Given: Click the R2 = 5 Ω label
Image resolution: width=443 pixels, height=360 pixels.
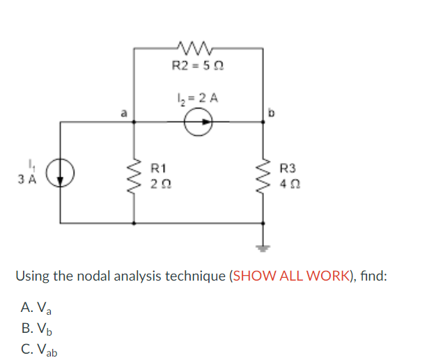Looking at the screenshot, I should (197, 67).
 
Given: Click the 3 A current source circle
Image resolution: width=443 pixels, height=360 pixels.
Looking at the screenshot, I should (61, 173).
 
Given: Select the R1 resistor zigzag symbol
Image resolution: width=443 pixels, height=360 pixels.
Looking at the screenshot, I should (134, 174).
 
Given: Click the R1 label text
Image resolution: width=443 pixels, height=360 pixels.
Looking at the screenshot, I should (159, 168).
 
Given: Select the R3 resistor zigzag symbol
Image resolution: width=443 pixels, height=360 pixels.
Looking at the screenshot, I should (263, 174).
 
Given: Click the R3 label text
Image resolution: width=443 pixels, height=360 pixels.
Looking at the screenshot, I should (287, 168).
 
